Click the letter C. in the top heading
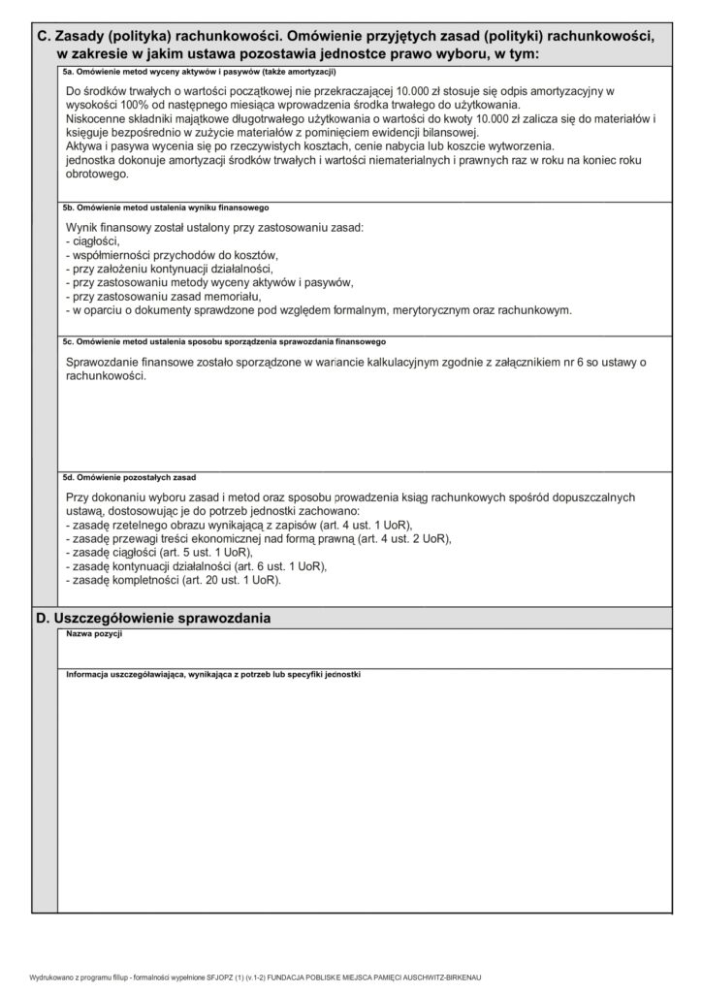pos(42,35)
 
